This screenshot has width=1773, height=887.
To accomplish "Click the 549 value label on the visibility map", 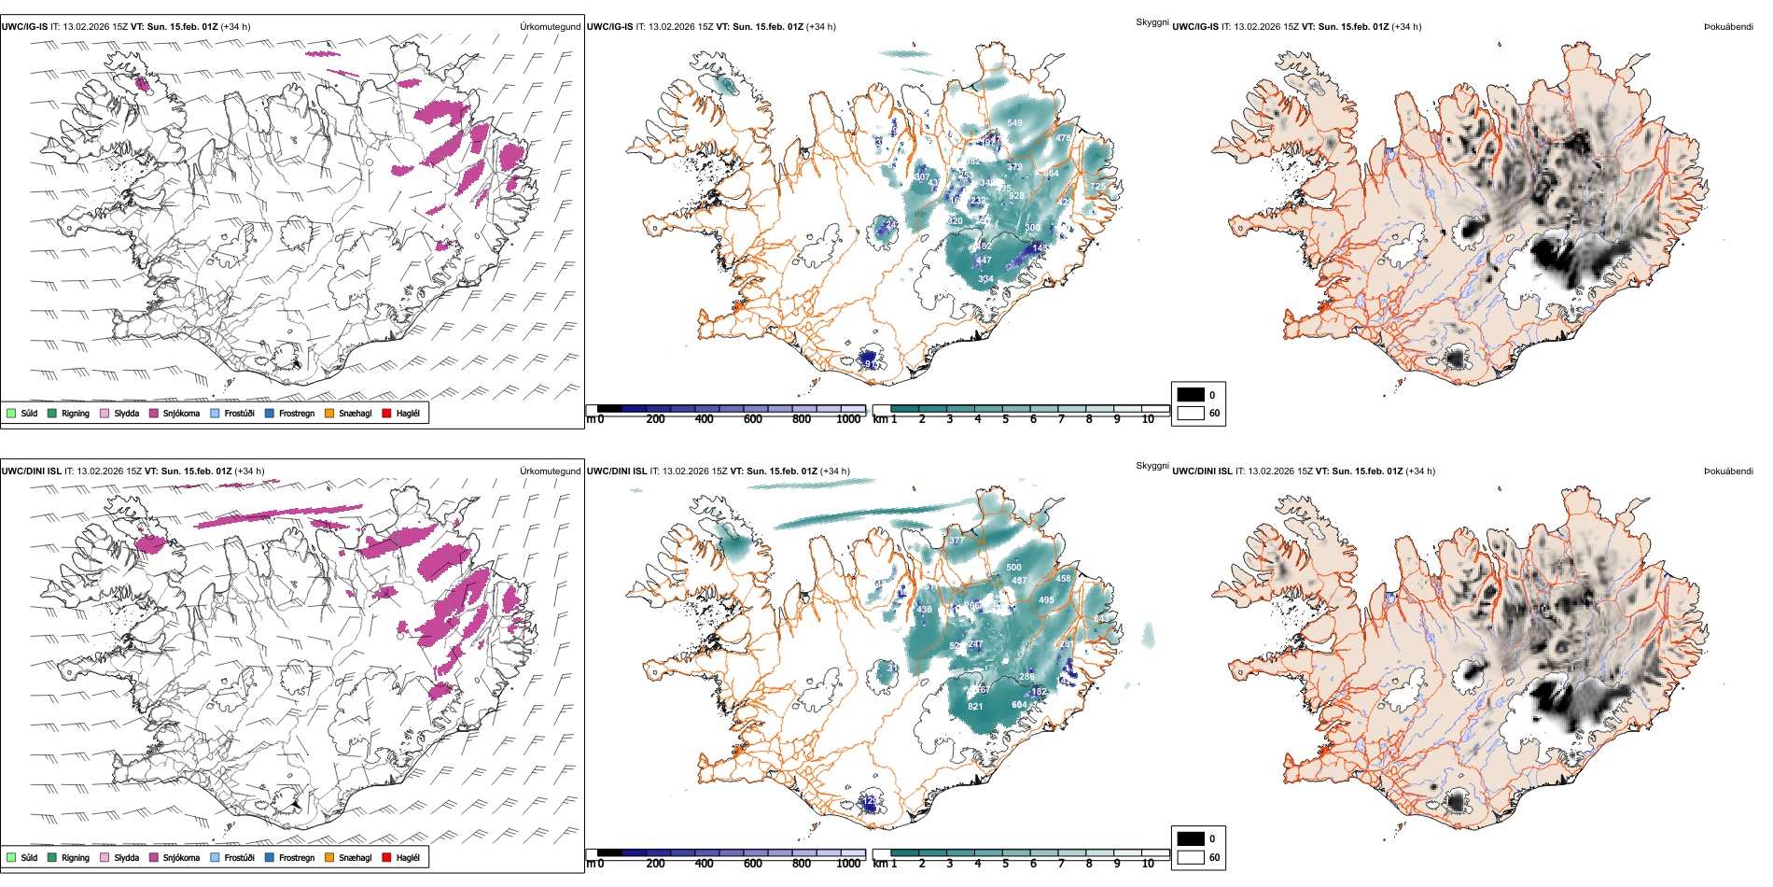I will (x=1014, y=122).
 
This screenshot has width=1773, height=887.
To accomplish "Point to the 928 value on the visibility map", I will (x=1016, y=196).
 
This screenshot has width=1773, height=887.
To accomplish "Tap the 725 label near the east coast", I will (x=1097, y=187).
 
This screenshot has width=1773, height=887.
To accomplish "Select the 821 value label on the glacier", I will (x=975, y=707).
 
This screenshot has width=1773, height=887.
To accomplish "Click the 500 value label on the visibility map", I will (x=1013, y=567).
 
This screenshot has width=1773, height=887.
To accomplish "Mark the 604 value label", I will (x=1019, y=705).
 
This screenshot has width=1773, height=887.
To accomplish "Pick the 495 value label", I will (x=1046, y=600).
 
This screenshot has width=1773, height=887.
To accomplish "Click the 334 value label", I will (x=985, y=279).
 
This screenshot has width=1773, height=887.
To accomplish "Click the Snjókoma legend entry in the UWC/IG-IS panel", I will (x=175, y=413).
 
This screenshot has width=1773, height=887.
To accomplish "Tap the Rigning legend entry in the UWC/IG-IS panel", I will (x=69, y=413).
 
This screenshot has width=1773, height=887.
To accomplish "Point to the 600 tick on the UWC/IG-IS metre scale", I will (x=753, y=419).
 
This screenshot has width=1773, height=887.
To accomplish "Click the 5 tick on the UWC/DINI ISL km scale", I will (x=1005, y=864).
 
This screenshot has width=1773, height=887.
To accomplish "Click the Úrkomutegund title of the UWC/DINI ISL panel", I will (x=550, y=472).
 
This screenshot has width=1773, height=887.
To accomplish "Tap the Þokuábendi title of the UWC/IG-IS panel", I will (x=1728, y=27).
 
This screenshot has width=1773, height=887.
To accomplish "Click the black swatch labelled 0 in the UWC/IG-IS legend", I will (x=1191, y=395).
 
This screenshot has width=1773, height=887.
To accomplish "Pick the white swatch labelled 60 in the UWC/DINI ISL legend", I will (x=1191, y=857).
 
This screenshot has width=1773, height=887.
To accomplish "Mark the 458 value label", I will (x=1063, y=579).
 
